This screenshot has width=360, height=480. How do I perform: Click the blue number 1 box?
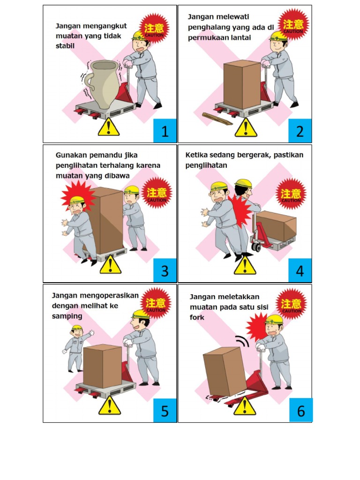165,131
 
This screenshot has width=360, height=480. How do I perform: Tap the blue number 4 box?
300,270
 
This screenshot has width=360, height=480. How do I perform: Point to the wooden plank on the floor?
217,119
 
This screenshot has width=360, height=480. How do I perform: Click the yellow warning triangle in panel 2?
246,127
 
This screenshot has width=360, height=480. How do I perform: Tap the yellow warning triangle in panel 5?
110,406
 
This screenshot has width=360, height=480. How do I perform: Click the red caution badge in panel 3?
157,193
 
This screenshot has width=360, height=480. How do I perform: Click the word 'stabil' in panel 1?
66,46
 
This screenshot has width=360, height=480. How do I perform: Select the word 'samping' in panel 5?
67,316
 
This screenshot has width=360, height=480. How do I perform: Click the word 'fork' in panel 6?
197,317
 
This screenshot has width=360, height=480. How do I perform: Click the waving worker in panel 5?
76,347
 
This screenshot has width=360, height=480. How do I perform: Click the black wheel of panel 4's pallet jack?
256,247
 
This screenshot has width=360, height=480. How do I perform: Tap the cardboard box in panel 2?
241,84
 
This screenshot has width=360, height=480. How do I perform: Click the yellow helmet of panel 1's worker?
140,36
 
